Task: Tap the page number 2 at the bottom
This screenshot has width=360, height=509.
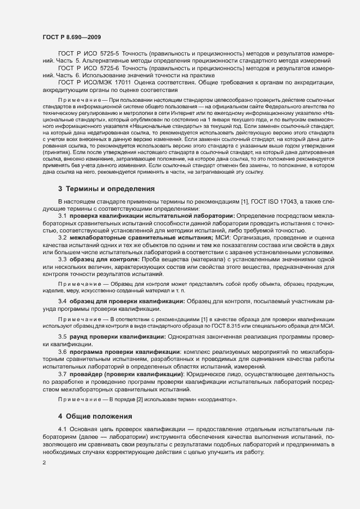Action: tap(44, 462)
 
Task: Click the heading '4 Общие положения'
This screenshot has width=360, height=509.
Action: tap(95, 416)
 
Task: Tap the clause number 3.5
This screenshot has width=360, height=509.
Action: tap(63, 352)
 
